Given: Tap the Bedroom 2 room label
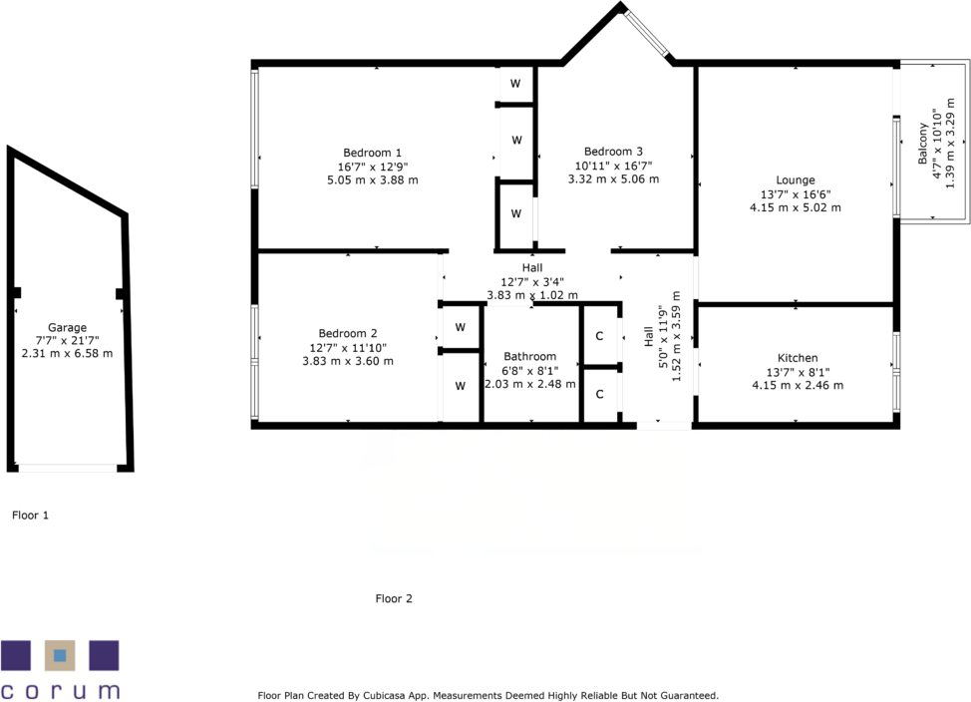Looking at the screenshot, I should [x=348, y=333].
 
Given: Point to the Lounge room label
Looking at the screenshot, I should [x=796, y=180].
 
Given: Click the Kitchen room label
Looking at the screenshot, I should [x=798, y=358].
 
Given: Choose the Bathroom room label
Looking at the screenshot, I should [x=530, y=356].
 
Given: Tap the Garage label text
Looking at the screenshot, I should [x=67, y=327].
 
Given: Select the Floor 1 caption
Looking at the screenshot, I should [x=30, y=516].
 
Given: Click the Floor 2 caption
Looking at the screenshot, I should [x=394, y=599].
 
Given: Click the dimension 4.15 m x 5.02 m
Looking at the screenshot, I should [x=796, y=208].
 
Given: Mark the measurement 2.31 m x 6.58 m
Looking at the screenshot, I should [x=67, y=354].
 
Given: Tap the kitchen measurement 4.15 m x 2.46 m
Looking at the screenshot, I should [x=798, y=385].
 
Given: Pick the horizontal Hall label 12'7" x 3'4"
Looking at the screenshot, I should [x=531, y=281].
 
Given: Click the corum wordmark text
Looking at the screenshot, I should [x=60, y=690].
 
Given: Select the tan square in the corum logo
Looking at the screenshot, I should [x=60, y=655].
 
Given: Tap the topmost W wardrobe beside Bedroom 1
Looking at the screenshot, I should [x=515, y=83].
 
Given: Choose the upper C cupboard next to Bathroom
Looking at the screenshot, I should [x=599, y=336].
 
